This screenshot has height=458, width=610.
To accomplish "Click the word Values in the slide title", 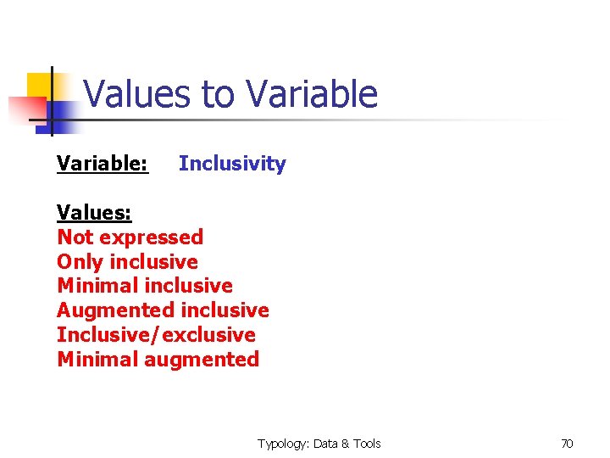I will coord(138,94).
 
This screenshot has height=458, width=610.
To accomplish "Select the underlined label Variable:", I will coord(103,164).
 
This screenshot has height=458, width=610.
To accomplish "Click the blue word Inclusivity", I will coord(232,164).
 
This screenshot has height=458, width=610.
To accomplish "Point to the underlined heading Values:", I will coord(94,212).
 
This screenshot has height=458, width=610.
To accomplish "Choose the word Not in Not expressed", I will coord(74,237).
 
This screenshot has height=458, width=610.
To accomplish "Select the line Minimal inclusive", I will coord(144,286).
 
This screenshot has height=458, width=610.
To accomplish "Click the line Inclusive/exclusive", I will coord(156,335).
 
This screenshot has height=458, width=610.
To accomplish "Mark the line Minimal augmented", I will coord(158,360).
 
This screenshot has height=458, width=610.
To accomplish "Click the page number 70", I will coord(567,444).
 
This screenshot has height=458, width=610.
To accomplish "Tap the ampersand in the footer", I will coord(345,444).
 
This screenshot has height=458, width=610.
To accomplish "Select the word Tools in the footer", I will coord(366,444).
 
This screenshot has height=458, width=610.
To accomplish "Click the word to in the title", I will coord(216,94).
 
